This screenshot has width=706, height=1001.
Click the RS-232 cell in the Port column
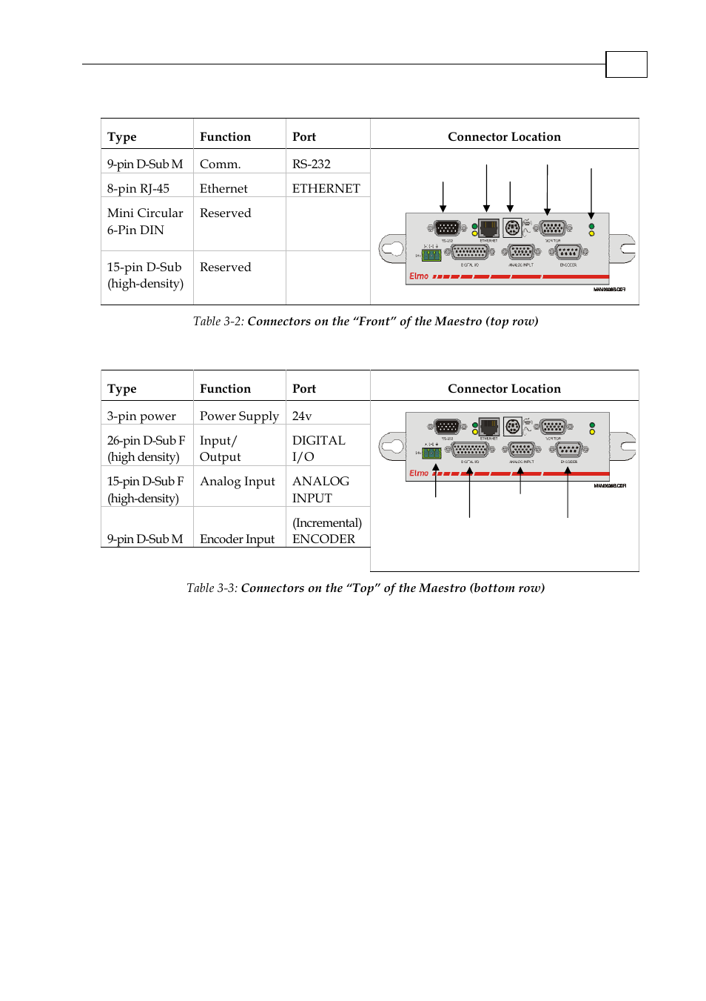[312, 164]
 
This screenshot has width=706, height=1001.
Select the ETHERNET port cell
[326, 188]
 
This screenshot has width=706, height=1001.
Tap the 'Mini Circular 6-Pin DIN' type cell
[146, 222]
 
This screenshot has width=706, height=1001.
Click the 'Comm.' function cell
[220, 164]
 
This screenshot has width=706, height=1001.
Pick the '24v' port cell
[302, 416]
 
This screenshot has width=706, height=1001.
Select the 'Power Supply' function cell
[239, 416]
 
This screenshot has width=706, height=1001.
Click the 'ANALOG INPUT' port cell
[320, 489]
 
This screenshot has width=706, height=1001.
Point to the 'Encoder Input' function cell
[237, 539]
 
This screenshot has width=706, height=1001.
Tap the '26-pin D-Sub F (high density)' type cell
[146, 448]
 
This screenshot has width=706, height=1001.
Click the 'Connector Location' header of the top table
[504, 136]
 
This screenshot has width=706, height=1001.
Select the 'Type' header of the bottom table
[122, 388]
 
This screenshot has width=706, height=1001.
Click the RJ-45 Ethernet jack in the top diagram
[488, 227]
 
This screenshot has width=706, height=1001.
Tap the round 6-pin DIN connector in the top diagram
[512, 227]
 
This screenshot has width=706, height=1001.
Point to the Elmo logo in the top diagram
[419, 276]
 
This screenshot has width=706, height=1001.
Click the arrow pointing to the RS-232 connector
[443, 197]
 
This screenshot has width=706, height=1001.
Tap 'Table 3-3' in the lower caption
[211, 588]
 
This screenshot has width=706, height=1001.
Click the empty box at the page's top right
[626, 64]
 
